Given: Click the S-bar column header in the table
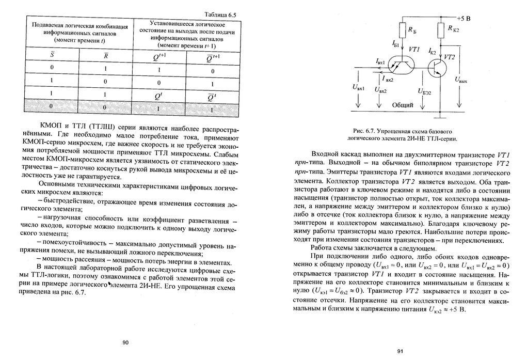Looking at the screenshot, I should (x=52, y=55).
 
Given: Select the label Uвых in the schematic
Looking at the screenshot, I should (x=461, y=80).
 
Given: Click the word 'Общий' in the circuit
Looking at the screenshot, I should (x=403, y=105).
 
